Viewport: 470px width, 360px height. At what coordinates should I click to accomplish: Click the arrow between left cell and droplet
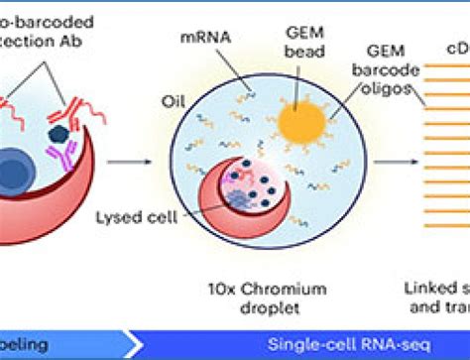point(122,159)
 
